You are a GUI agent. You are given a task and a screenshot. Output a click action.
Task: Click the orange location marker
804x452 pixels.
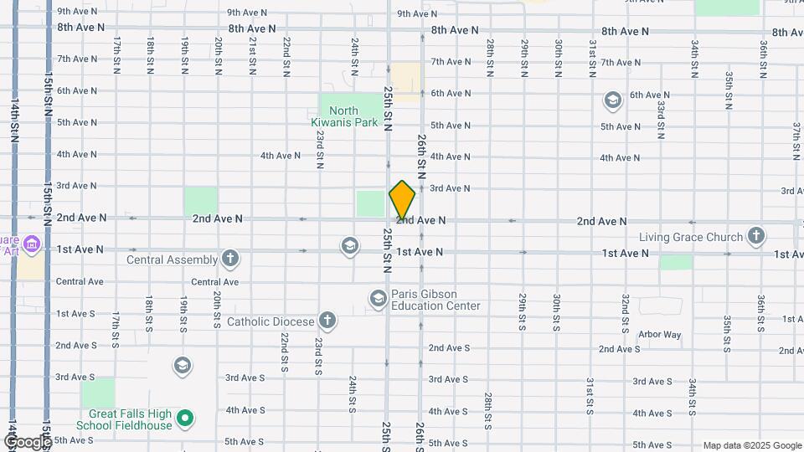point(402,199)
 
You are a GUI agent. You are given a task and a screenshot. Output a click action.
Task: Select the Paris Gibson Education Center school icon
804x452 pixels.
point(378,298)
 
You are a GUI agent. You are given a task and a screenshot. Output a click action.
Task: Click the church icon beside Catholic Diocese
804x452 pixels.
point(327,321)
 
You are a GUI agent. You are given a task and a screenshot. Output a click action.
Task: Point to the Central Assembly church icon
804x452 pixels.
point(230,259)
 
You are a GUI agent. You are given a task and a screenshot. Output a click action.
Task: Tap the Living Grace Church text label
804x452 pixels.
point(690,237)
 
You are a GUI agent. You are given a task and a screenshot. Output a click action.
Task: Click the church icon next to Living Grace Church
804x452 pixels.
point(755,235)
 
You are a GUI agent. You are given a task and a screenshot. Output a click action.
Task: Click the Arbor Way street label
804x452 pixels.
point(659,335)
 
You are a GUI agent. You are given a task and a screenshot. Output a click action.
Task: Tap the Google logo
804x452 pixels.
point(27,441)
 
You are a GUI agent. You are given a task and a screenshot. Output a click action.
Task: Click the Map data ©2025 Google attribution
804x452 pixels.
point(751,445)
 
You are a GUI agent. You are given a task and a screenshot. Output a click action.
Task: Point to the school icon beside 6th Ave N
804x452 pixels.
point(613,100)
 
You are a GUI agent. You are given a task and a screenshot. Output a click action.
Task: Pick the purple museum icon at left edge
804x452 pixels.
point(33,244)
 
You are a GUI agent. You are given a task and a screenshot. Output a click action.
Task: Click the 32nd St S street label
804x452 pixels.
point(625,311)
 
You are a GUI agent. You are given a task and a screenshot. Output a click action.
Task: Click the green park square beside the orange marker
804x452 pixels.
point(369,203)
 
